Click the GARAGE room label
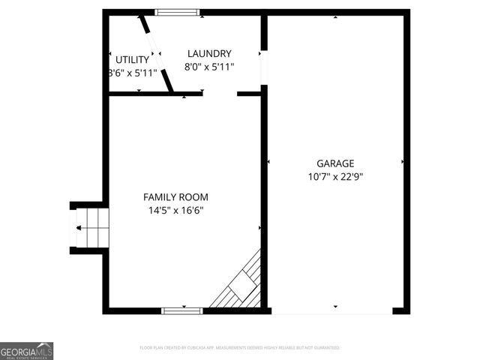[335, 163]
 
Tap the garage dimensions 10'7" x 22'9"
[335, 177]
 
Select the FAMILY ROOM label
[176, 196]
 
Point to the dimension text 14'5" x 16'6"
[176, 211]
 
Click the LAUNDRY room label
[209, 53]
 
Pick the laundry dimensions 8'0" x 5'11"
[209, 67]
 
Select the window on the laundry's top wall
[178, 12]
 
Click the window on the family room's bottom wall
[182, 310]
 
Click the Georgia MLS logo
[27, 351]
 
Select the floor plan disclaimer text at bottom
[240, 348]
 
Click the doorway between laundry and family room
[220, 94]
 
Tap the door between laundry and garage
[263, 67]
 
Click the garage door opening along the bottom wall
[335, 310]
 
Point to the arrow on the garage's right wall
[403, 161]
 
